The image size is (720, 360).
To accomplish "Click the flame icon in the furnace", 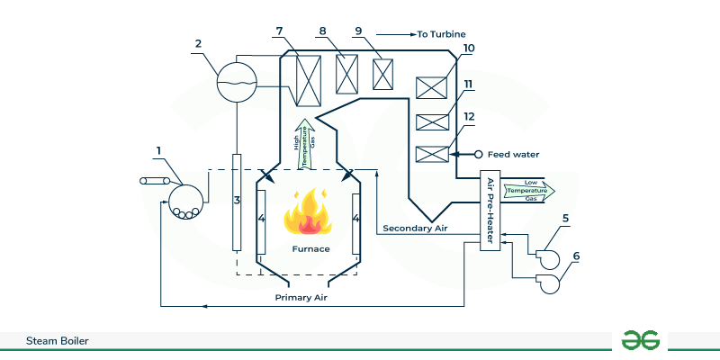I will pyautogui.click(x=308, y=212).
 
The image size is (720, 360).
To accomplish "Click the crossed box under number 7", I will pyautogui.click(x=309, y=82).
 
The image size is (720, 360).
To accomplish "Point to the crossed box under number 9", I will pyautogui.click(x=384, y=72).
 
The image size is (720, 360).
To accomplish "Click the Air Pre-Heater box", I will pyautogui.click(x=490, y=211).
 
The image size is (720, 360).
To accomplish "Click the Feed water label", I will pyautogui.click(x=513, y=154).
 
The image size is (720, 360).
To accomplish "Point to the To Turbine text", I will pyautogui.click(x=441, y=34).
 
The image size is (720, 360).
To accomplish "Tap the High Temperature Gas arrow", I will pyautogui.click(x=304, y=142).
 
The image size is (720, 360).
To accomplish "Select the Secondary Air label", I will pyautogui.click(x=415, y=228).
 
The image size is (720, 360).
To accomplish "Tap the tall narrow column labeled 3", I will pyautogui.click(x=237, y=202).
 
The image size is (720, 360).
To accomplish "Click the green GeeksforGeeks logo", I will pyautogui.click(x=641, y=340).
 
